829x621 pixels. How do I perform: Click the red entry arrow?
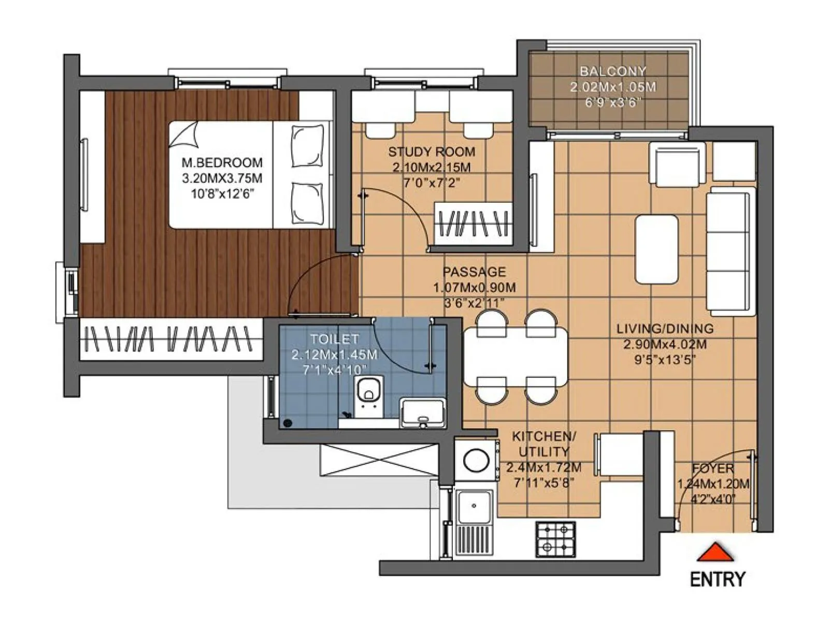click(x=716, y=553)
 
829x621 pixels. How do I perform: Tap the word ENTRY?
click(x=718, y=579)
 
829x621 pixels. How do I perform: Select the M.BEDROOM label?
click(x=222, y=162)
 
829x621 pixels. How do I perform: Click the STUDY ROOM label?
click(x=432, y=152)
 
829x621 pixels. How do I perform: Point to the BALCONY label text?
click(x=613, y=71)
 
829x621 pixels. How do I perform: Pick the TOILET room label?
click(x=334, y=339)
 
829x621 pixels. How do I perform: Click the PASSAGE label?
click(x=474, y=272)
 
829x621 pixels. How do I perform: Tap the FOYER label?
click(x=713, y=468)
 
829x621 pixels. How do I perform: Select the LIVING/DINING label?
click(x=665, y=329)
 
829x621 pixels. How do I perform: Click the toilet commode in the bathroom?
click(x=368, y=392)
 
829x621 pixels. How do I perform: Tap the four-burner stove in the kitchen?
click(x=555, y=539)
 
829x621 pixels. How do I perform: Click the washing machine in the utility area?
click(x=476, y=460)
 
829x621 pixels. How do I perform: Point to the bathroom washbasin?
click(x=423, y=413)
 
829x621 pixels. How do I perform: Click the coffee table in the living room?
click(x=656, y=249)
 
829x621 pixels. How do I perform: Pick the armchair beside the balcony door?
click(x=677, y=164)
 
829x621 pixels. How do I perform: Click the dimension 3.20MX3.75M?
click(x=222, y=179)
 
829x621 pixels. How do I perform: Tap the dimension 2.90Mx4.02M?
click(x=665, y=344)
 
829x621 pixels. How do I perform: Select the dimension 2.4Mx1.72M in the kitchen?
click(x=544, y=468)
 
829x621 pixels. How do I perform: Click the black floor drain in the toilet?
click(x=288, y=423)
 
